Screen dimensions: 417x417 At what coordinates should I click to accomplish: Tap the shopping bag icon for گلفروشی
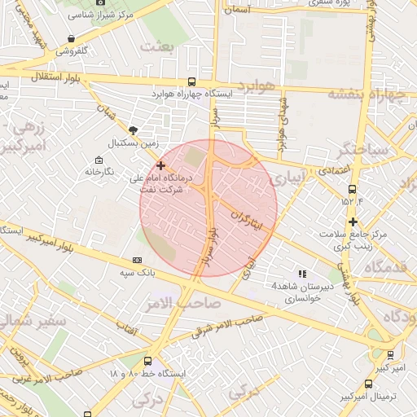(x=72, y=38)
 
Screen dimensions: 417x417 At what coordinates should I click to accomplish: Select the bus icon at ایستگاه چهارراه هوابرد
(x=191, y=81)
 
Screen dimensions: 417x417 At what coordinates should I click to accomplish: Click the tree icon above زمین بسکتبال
(x=134, y=129)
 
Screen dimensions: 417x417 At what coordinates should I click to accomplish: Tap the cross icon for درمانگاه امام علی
(x=160, y=165)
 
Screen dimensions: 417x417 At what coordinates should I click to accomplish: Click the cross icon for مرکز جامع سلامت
(x=353, y=222)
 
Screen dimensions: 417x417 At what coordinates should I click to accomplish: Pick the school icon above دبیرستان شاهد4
(x=302, y=274)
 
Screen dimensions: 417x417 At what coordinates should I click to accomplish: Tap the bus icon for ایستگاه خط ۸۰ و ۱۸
(x=147, y=361)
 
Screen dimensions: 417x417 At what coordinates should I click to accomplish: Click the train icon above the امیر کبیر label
(x=390, y=354)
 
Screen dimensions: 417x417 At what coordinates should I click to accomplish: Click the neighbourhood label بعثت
(x=157, y=47)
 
